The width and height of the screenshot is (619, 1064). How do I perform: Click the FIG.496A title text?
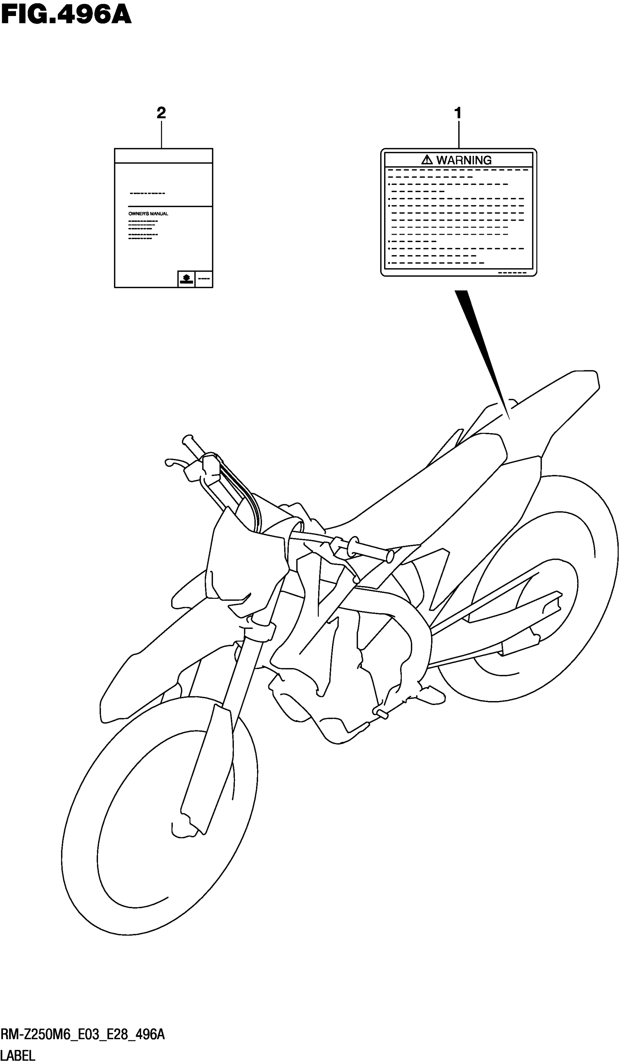point(66,16)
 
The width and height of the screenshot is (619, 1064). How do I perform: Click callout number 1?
point(457,113)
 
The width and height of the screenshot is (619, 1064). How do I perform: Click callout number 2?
point(161,113)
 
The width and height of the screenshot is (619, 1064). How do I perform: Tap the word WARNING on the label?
point(464,160)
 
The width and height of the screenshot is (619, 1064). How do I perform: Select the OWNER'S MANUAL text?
point(148,214)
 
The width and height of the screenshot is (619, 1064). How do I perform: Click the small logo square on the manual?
point(186,279)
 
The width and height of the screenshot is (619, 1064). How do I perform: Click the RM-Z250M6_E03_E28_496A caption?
point(83,1035)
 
